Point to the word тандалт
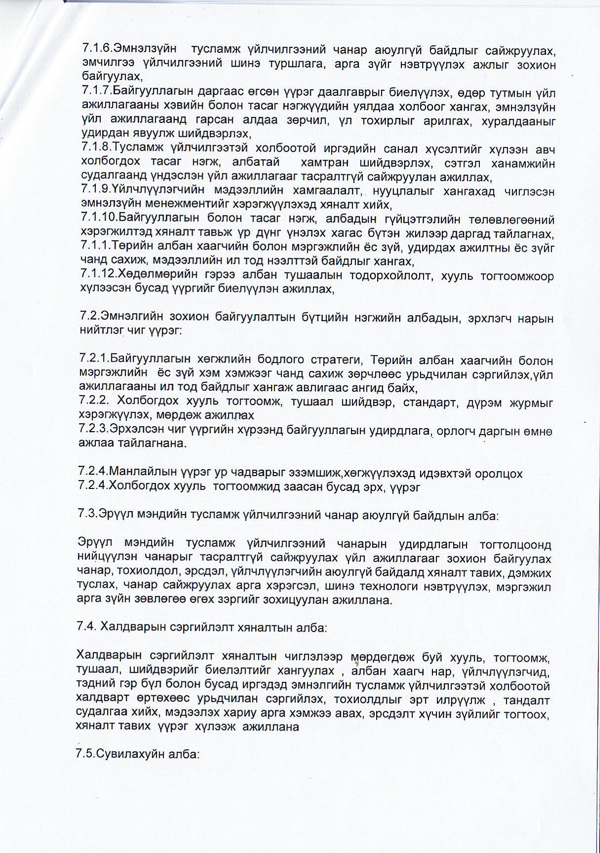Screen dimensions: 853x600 click(x=527, y=700)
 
